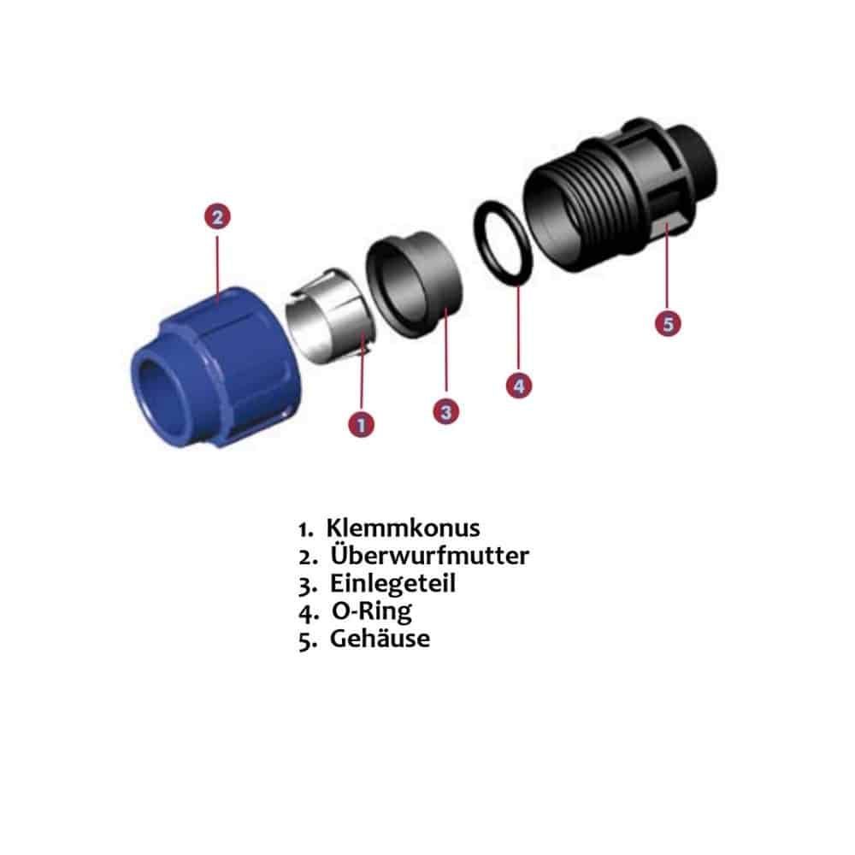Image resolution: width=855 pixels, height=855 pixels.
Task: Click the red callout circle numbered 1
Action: tap(361, 424)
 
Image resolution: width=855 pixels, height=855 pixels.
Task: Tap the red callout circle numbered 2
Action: tap(217, 216)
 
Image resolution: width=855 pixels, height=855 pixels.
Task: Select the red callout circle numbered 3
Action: tap(446, 411)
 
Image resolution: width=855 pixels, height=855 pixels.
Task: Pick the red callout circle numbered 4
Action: tap(519, 386)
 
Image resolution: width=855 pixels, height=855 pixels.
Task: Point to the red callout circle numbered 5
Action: tap(668, 323)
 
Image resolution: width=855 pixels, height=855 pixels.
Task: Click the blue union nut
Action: tap(215, 368)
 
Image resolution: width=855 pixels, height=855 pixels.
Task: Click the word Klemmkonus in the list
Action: tap(403, 528)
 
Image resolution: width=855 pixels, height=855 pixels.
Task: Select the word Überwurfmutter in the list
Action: tap(430, 555)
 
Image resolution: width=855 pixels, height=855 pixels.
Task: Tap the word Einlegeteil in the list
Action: tap(392, 583)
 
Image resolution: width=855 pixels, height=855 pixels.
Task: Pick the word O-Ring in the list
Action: tap(372, 611)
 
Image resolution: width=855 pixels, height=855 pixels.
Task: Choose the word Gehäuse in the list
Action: tap(380, 639)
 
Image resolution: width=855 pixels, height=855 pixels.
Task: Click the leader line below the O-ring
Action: tap(519, 329)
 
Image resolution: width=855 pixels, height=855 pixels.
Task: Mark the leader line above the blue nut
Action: tap(217, 267)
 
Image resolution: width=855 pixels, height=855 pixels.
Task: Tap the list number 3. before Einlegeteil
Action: tap(308, 586)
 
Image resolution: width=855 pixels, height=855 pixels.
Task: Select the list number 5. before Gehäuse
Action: tap(308, 640)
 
